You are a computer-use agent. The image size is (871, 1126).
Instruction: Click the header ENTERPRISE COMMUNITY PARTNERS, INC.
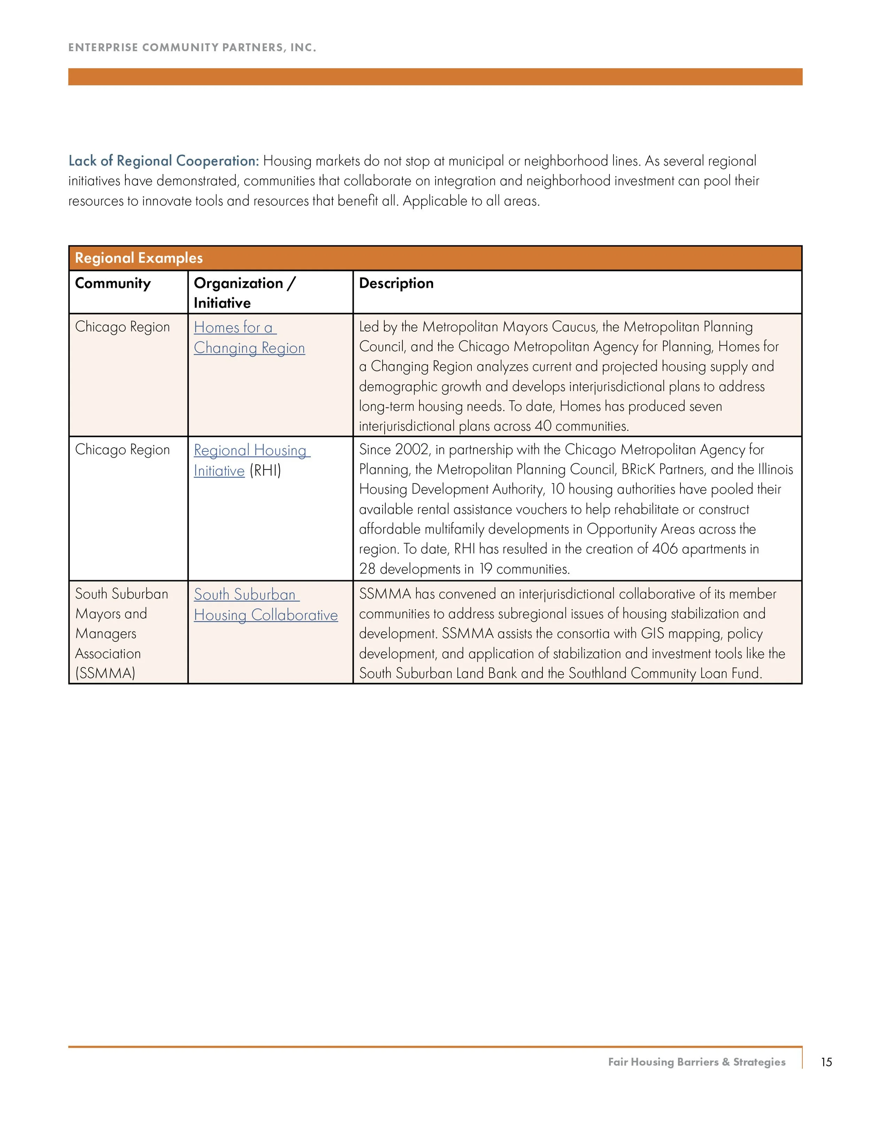click(x=192, y=47)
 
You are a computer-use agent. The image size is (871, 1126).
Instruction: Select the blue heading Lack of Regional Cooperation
click(x=163, y=161)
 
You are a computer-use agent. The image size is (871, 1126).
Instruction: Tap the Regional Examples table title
click(x=139, y=258)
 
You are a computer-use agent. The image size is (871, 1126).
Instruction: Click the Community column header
click(x=113, y=283)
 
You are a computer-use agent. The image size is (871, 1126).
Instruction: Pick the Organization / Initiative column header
click(x=244, y=292)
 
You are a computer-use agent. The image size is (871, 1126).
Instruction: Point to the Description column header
click(x=396, y=283)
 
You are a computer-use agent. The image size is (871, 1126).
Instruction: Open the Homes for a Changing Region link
click(x=249, y=338)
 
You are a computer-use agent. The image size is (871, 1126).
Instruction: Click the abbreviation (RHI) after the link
click(x=265, y=471)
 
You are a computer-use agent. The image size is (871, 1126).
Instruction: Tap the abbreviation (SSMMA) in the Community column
click(x=105, y=673)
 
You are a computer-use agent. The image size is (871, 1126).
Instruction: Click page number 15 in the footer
click(x=826, y=1062)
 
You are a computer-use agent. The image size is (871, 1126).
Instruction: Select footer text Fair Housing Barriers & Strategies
click(x=696, y=1062)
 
